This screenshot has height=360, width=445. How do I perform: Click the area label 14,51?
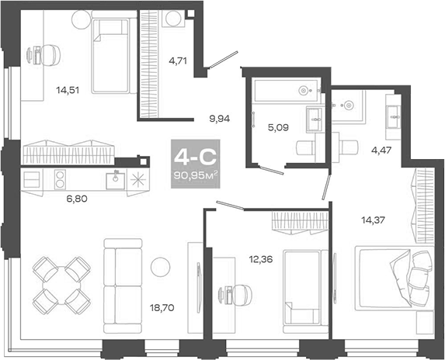tap(66, 89)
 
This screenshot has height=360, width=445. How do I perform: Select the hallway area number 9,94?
tap(219, 119)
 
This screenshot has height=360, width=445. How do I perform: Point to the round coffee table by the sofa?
tap(160, 266)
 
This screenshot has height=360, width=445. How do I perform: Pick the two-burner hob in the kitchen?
tap(60, 178)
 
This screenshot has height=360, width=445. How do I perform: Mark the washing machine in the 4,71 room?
tap(174, 20)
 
